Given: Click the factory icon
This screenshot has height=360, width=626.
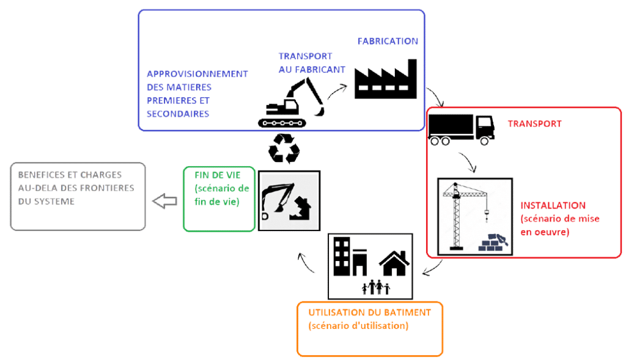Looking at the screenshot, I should click(385, 79).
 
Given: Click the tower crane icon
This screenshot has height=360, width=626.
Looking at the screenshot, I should click(460, 214).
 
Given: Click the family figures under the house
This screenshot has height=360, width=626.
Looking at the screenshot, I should click(375, 285).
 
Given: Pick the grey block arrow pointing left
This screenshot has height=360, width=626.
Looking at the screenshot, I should click(164, 201).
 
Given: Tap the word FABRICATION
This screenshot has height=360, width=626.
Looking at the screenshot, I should click(388, 41).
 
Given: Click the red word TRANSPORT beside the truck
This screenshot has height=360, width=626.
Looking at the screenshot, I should click(534, 123).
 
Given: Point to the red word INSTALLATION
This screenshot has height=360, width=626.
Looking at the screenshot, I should click(553, 205).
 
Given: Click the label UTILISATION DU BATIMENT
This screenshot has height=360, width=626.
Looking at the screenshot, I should click(369, 312).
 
